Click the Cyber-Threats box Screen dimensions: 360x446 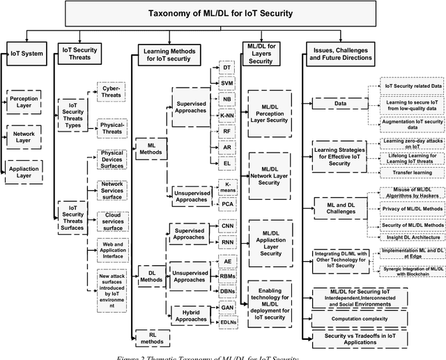[111, 93]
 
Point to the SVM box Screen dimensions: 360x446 [227, 83]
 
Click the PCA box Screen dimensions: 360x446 [227, 205]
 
